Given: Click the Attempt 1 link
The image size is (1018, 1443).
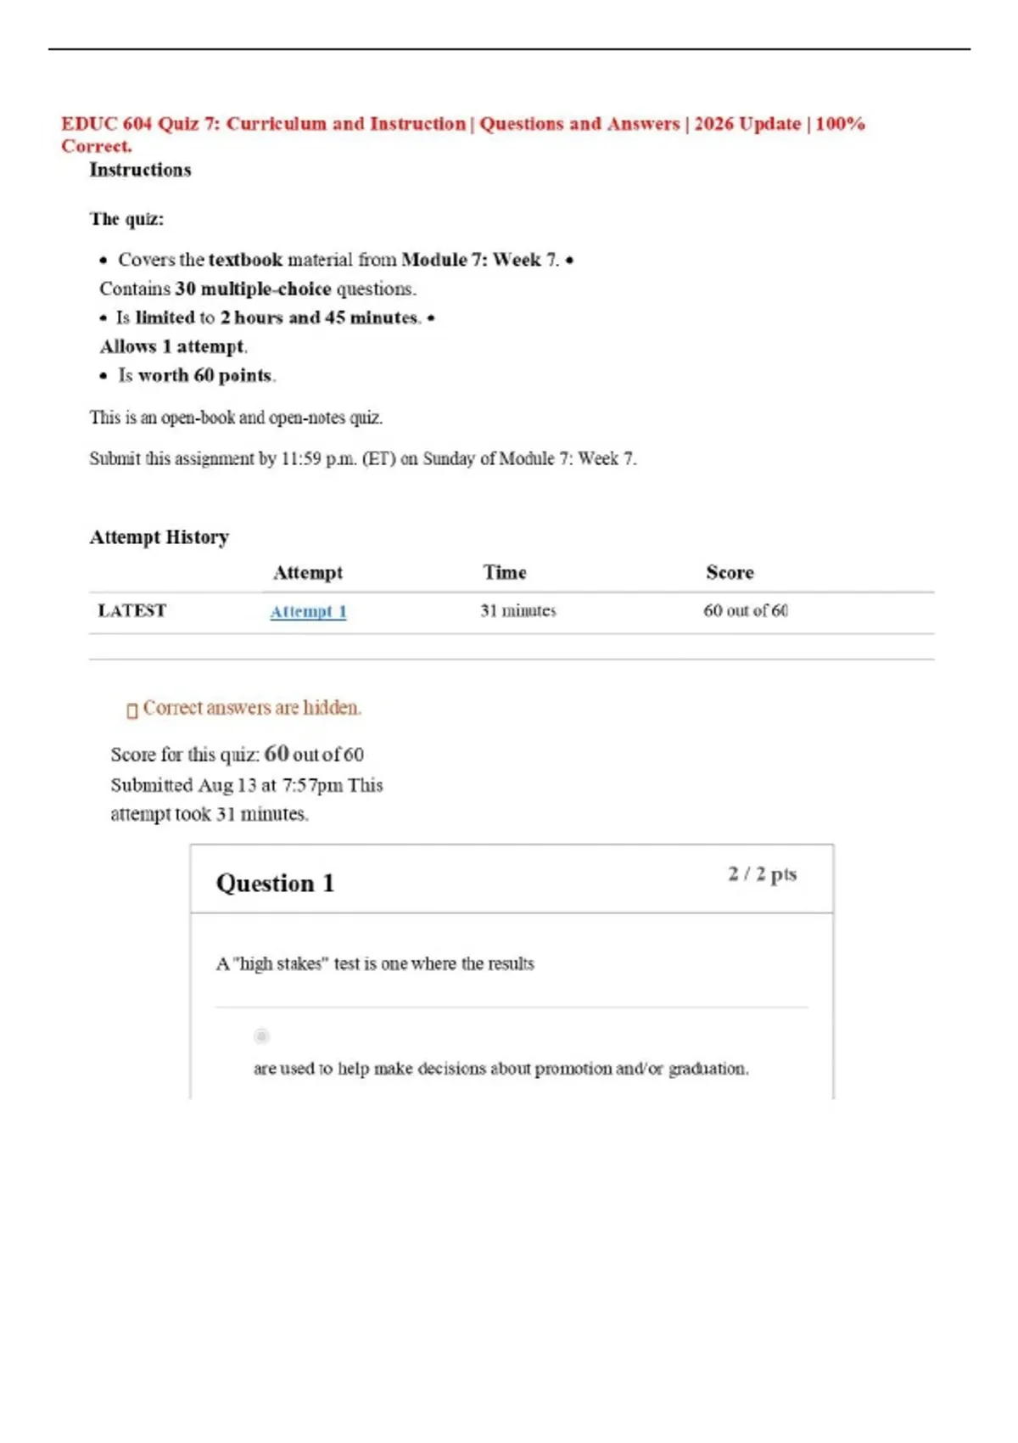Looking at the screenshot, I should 308,611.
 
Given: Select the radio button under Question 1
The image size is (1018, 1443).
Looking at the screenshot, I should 261,1036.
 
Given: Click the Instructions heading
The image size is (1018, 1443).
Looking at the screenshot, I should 140,170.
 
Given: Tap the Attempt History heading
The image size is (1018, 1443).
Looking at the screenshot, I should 159,537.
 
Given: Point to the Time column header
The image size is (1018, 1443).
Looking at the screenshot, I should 505,573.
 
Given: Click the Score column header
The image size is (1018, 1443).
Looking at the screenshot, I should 730,573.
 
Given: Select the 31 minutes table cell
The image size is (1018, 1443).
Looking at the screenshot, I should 517,611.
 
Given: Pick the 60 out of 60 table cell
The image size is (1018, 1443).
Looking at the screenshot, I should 745,611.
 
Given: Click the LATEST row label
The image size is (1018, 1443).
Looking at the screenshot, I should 131,611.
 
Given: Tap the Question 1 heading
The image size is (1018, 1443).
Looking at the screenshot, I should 275,884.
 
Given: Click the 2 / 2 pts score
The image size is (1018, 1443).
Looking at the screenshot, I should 762,874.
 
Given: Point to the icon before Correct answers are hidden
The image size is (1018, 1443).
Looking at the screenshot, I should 131,710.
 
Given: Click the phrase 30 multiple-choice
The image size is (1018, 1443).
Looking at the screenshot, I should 253,289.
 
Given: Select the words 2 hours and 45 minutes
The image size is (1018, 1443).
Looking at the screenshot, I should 320,318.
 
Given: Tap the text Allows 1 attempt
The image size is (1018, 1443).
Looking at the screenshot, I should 173,346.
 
